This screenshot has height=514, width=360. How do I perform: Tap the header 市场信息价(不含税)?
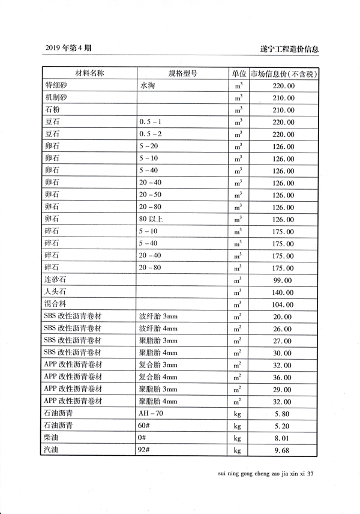[x=284, y=74]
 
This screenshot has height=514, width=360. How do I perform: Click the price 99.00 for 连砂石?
[x=283, y=280]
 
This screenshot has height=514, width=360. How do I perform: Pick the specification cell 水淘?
[x=148, y=86]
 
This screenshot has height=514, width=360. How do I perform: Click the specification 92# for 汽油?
[x=145, y=450]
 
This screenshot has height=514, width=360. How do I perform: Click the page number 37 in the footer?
[x=311, y=474]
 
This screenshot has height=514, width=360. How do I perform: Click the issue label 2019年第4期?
[x=68, y=48]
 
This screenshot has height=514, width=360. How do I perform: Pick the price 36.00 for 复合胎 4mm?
[x=283, y=378]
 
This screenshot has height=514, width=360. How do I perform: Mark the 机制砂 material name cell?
[x=55, y=98]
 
